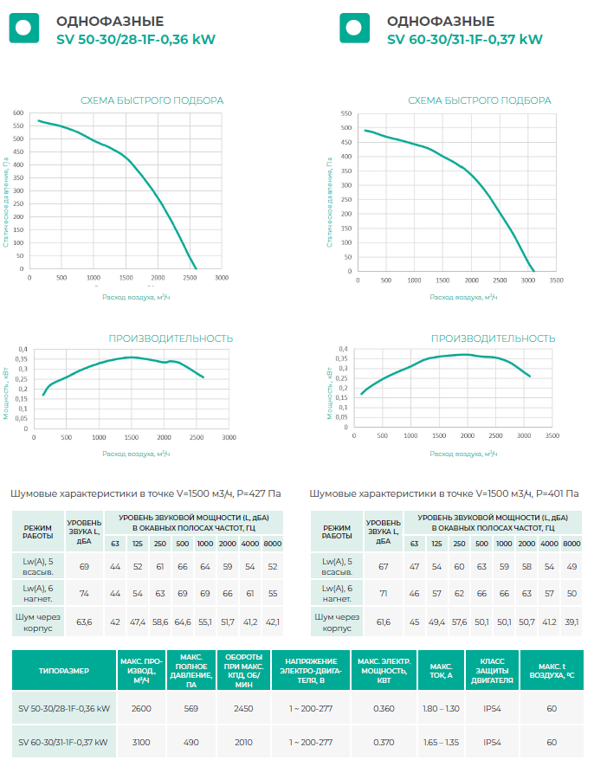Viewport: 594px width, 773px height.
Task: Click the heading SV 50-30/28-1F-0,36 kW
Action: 135,39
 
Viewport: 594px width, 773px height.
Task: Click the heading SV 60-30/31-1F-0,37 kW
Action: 465,39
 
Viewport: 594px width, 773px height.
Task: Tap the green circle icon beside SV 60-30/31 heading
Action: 353,28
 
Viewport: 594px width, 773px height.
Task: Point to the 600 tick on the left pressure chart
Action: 18,113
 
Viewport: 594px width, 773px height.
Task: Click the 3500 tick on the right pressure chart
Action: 556,280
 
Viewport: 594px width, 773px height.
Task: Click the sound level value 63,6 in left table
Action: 84,622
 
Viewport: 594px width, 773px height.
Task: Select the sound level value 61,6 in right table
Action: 383,622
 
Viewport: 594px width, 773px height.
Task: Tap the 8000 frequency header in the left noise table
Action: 272,543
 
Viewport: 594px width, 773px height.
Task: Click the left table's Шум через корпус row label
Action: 37,622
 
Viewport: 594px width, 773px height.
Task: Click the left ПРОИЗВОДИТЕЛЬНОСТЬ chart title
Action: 171,338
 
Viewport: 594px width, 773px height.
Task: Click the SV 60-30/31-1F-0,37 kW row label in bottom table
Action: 63,742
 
